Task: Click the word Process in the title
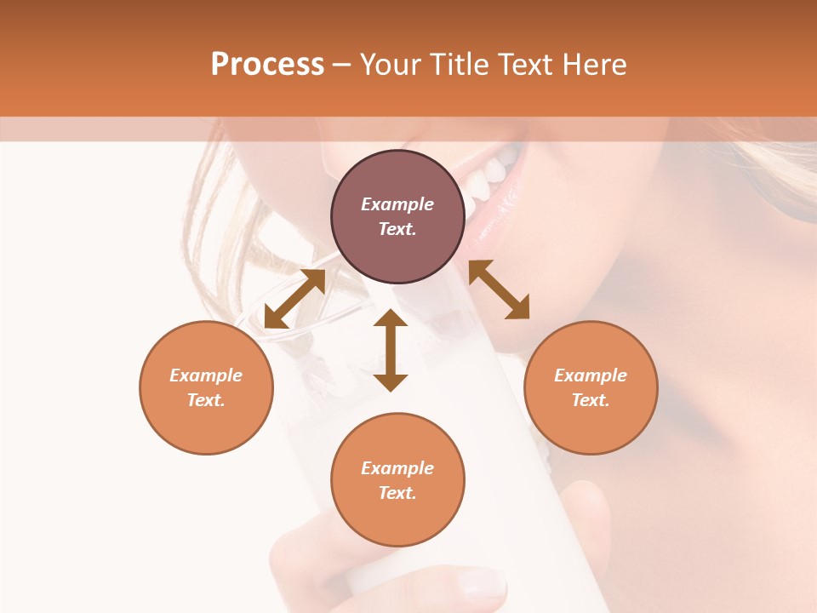coord(267,65)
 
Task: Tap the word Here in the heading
coord(595,65)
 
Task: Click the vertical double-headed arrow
coord(391,350)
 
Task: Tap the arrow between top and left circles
coord(294,299)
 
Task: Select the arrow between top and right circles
coord(499,289)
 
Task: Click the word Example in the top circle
coord(397,204)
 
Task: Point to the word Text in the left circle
coord(205,400)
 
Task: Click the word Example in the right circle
coord(591,375)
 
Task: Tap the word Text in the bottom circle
coord(397,493)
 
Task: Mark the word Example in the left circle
coord(206,375)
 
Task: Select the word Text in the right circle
coord(590,400)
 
